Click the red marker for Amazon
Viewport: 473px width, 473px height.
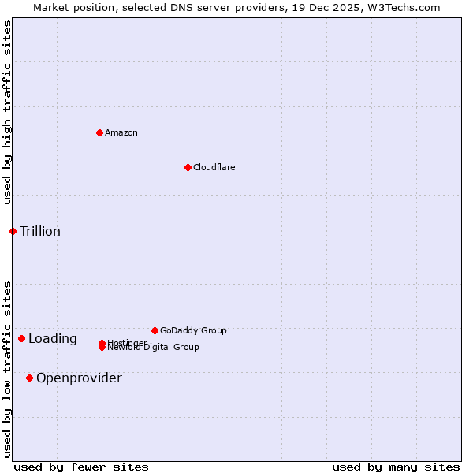pyautogui.click(x=99, y=132)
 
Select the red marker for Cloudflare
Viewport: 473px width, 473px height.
pyautogui.click(x=188, y=167)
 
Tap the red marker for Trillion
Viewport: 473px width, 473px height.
pyautogui.click(x=13, y=231)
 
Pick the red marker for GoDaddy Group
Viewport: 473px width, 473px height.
pyautogui.click(x=155, y=330)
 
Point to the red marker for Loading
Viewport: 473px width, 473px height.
pyautogui.click(x=21, y=338)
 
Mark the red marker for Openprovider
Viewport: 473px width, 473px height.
pyautogui.click(x=29, y=378)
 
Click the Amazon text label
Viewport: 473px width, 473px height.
pyautogui.click(x=121, y=132)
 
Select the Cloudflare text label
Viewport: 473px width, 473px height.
pyautogui.click(x=214, y=167)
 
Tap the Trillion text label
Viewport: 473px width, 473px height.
pyautogui.click(x=40, y=231)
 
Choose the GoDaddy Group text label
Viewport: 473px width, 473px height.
pyautogui.click(x=193, y=330)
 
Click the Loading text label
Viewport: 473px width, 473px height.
pyautogui.click(x=53, y=339)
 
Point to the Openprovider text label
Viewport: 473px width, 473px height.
pyautogui.click(x=79, y=378)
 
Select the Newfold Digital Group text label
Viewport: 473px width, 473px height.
pyautogui.click(x=154, y=348)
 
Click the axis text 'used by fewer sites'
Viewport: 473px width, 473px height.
pyautogui.click(x=81, y=467)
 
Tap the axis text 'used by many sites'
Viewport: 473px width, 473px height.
pyautogui.click(x=396, y=467)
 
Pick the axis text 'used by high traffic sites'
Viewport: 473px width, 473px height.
pyautogui.click(x=7, y=112)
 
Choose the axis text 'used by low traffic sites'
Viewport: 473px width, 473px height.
pyautogui.click(x=7, y=369)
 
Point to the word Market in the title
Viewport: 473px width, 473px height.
pyautogui.click(x=50, y=7)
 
